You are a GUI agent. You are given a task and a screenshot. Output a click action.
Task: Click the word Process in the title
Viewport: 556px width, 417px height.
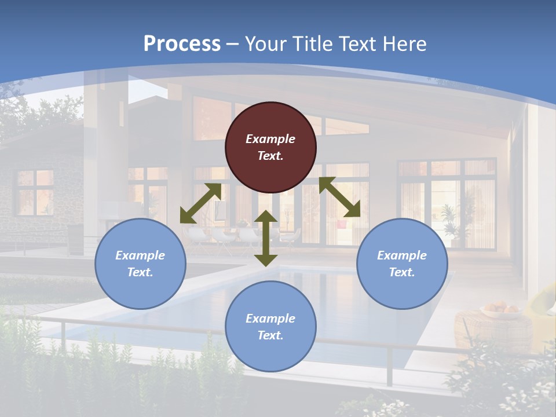point(182,44)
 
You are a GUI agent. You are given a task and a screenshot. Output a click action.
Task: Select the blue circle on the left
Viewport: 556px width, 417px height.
point(140,264)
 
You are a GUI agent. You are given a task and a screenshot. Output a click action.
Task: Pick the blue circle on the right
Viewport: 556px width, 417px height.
point(402,264)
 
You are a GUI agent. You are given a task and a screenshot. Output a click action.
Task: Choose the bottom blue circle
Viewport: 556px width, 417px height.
point(270,326)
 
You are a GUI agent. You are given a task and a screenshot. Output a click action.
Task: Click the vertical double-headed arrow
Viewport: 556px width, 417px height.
point(266,238)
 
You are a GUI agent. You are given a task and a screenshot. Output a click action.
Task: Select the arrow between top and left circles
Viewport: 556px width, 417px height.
point(200,203)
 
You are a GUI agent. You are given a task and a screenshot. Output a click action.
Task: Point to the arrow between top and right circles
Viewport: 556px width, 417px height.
point(339,197)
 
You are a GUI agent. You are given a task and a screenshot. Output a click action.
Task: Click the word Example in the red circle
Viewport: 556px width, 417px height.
point(270,139)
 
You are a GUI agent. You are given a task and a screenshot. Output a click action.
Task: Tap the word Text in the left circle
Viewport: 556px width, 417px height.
point(140,272)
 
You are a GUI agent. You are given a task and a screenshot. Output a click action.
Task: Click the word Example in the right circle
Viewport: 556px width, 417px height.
point(402,255)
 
